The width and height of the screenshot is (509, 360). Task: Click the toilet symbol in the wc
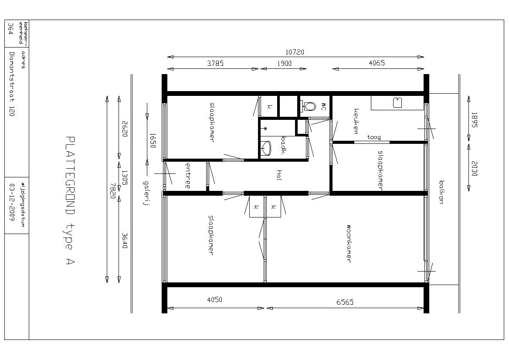pos(309,106)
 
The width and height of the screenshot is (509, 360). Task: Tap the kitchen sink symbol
pos(397,102)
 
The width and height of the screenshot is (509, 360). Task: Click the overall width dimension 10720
pos(295,52)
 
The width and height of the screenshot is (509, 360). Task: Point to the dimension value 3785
pos(215,63)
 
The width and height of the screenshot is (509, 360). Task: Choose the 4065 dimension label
pos(377,63)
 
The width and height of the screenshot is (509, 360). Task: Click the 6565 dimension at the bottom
pos(345,302)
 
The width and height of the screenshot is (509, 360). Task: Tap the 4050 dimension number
pos(214,299)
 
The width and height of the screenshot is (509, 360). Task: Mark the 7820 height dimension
pos(113,191)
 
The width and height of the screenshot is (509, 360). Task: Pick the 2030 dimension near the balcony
pos(474,169)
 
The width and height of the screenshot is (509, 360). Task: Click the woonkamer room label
pos(349,243)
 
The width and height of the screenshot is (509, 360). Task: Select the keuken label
pos(356,121)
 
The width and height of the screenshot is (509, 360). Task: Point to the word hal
pos(279,175)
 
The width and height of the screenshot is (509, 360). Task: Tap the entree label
pos(188,176)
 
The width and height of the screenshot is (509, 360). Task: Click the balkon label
pos(441,192)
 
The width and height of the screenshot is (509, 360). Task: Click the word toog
pos(374,137)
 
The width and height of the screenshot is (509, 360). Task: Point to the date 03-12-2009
pos(12,202)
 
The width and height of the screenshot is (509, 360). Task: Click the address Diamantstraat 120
pos(12,84)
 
